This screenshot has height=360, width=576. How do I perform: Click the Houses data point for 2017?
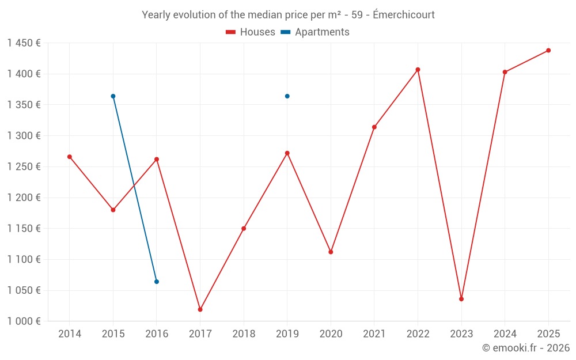200,309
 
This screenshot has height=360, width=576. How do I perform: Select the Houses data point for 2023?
461,299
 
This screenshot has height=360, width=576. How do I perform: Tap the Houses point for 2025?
548,51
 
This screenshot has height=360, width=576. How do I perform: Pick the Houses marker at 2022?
418,70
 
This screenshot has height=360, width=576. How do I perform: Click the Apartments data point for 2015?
113,96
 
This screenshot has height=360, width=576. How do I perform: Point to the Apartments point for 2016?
157,282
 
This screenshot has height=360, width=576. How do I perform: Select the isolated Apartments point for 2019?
287,96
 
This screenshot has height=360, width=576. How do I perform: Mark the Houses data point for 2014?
70,157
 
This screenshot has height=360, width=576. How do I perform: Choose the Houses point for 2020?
331,252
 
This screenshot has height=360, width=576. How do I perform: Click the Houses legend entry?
251,32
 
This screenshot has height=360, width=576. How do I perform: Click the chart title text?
288,14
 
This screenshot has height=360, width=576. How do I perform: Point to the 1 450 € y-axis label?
24,43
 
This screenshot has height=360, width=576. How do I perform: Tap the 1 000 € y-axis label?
24,321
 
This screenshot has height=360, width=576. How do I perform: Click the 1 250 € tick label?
24,167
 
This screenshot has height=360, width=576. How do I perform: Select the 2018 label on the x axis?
244,334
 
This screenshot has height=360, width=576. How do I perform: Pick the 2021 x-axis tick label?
374,334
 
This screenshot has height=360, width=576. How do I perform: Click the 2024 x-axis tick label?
505,334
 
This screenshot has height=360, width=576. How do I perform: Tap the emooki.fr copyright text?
525,348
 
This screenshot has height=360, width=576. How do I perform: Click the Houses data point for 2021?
374,127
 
